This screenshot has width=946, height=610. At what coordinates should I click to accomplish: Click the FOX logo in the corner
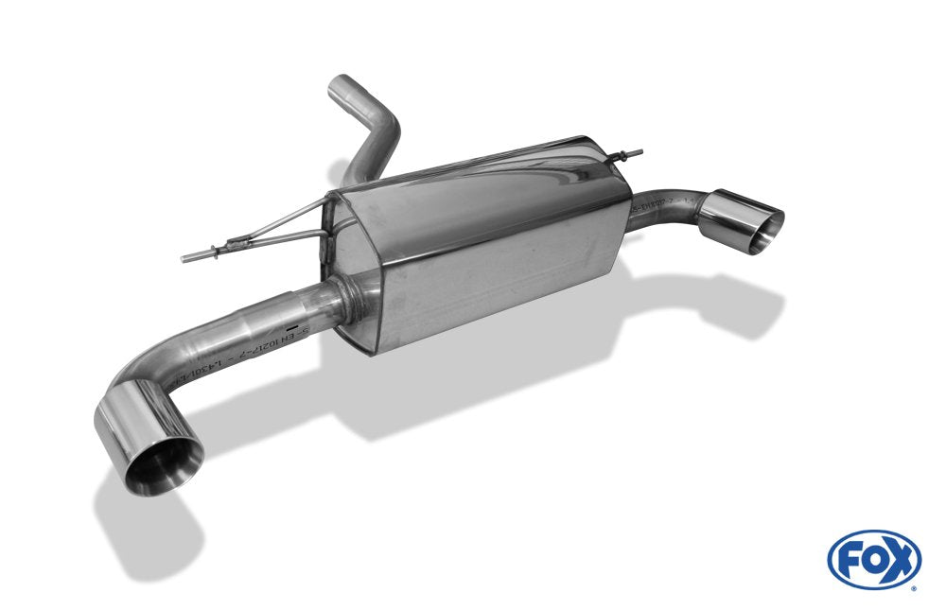point(873,559)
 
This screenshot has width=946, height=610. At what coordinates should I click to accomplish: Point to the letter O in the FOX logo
point(873,559)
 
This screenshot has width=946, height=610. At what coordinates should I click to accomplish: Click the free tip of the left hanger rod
point(186,257)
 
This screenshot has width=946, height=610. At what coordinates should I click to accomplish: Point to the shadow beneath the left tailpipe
point(142,530)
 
